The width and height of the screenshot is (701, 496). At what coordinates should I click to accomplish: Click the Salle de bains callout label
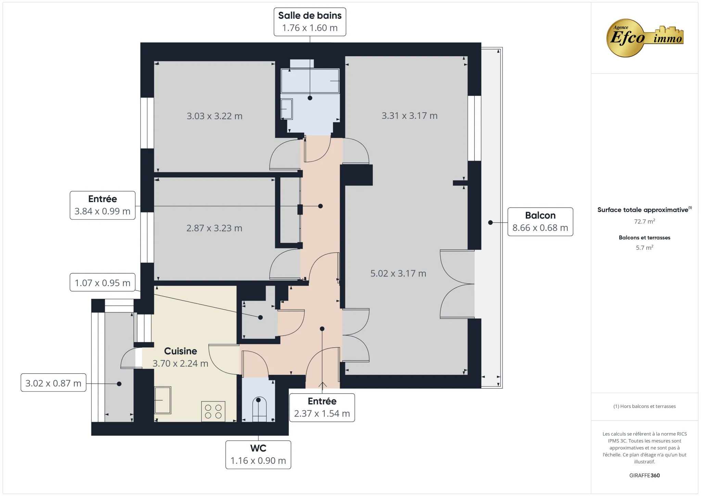310,22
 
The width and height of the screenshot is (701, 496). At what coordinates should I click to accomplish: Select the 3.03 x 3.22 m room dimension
215,116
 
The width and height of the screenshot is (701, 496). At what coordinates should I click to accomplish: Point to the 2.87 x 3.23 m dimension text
214,228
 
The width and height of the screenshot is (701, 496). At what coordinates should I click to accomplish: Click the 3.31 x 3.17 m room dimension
409,116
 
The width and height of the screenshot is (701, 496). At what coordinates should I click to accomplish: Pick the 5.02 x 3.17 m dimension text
398,273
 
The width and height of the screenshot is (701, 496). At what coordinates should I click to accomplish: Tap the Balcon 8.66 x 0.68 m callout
540,222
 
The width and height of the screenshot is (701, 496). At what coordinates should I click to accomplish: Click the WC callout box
258,455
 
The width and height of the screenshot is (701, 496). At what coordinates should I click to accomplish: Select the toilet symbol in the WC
259,409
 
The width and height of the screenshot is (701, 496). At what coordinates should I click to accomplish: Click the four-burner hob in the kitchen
213,411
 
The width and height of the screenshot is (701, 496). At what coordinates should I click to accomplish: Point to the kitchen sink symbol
163,400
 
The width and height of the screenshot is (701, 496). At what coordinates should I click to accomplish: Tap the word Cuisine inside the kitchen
180,351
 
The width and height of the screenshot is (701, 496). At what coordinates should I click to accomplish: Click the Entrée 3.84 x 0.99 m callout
102,205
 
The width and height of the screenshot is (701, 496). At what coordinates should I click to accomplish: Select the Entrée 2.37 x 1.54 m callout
322,407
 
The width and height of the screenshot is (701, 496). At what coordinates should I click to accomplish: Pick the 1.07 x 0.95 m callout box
102,283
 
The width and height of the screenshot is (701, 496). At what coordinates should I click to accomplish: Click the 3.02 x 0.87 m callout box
53,383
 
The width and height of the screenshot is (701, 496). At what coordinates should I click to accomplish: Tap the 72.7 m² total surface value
644,221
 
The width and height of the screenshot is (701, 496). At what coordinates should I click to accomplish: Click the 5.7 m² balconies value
644,248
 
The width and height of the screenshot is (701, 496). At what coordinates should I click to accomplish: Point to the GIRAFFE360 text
644,475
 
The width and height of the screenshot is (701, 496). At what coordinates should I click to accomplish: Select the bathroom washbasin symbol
286,109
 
